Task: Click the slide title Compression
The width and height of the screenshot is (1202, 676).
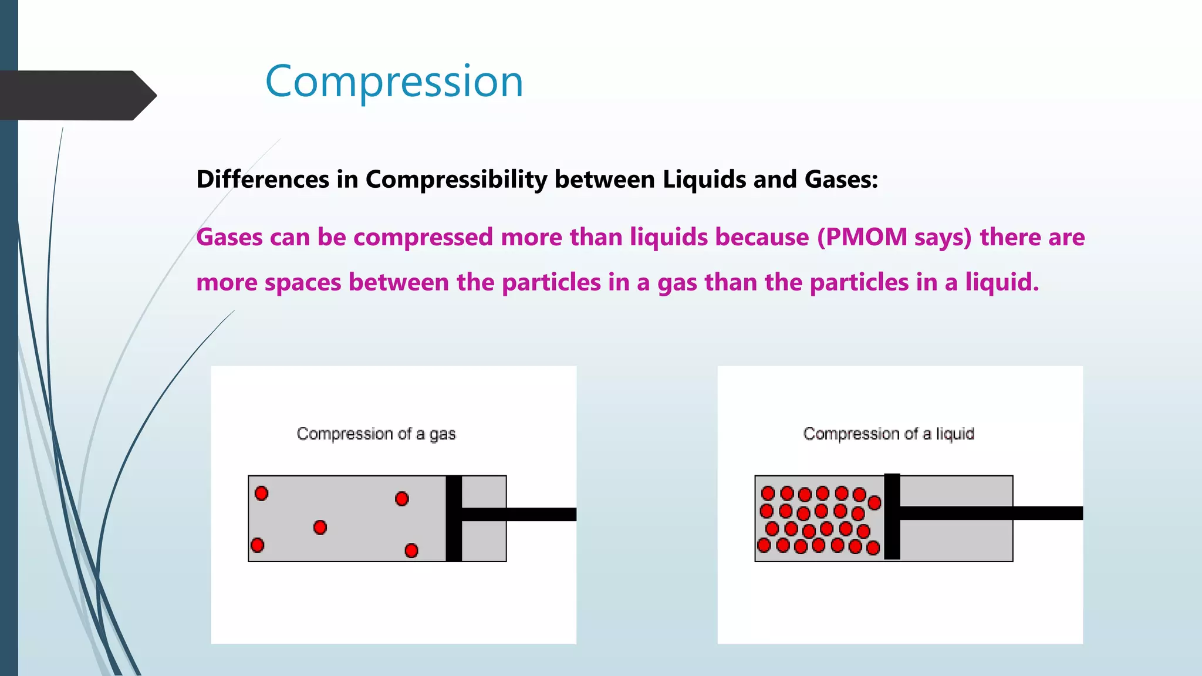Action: click(x=394, y=81)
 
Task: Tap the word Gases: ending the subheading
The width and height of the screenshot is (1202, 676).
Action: click(x=841, y=180)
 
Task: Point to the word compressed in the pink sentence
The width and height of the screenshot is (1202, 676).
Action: click(x=423, y=237)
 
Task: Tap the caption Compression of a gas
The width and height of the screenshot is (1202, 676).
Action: click(x=376, y=434)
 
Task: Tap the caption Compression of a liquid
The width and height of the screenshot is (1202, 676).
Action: click(x=888, y=434)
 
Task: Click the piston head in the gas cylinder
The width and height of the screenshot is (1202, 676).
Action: click(x=454, y=518)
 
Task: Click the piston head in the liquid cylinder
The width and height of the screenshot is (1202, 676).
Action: click(x=892, y=516)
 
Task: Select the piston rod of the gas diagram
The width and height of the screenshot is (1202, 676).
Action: click(x=519, y=514)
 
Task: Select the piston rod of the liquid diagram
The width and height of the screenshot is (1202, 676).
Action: click(x=992, y=513)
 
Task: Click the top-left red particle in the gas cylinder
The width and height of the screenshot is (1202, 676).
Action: click(x=261, y=494)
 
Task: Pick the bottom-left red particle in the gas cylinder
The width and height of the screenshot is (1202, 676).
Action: click(x=257, y=545)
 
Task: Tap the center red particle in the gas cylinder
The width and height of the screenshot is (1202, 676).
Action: click(x=320, y=527)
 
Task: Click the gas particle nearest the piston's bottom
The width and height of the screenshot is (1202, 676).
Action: click(x=411, y=550)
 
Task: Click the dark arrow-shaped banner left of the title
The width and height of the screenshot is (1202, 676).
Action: click(x=76, y=96)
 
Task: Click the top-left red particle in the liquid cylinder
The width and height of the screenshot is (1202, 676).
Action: click(x=768, y=493)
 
